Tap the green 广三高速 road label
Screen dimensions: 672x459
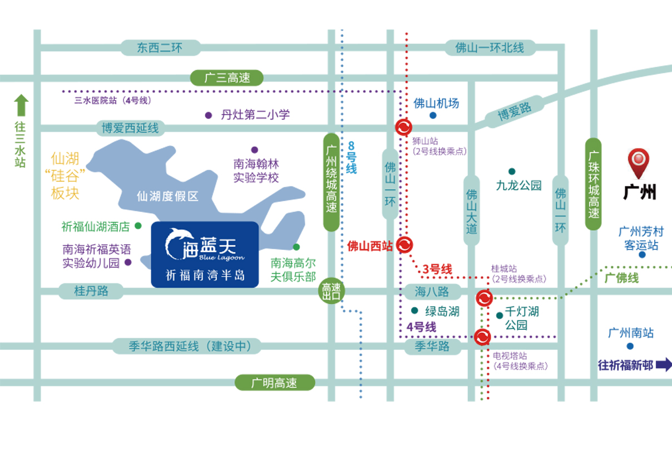point(227,78)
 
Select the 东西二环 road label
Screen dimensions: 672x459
point(160,48)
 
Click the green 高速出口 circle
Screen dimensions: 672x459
point(331,291)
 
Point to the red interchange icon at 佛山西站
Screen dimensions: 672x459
point(404,245)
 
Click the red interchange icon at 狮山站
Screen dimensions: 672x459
point(403,127)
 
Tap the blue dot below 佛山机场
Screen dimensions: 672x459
point(433,116)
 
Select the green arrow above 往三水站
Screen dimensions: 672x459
point(21,105)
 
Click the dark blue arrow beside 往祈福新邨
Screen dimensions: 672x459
point(664,365)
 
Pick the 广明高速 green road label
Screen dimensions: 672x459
point(274,383)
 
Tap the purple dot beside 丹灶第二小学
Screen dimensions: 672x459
point(209,115)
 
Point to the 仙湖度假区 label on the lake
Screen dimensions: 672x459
point(167,196)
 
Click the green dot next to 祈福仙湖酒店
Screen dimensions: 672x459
point(138,225)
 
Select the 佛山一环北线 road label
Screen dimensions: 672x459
point(490,48)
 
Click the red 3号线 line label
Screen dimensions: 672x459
point(437,269)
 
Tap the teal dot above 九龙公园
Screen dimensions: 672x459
point(512,171)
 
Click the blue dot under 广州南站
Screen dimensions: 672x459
point(630,346)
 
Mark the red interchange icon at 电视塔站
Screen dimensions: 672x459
point(482,337)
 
